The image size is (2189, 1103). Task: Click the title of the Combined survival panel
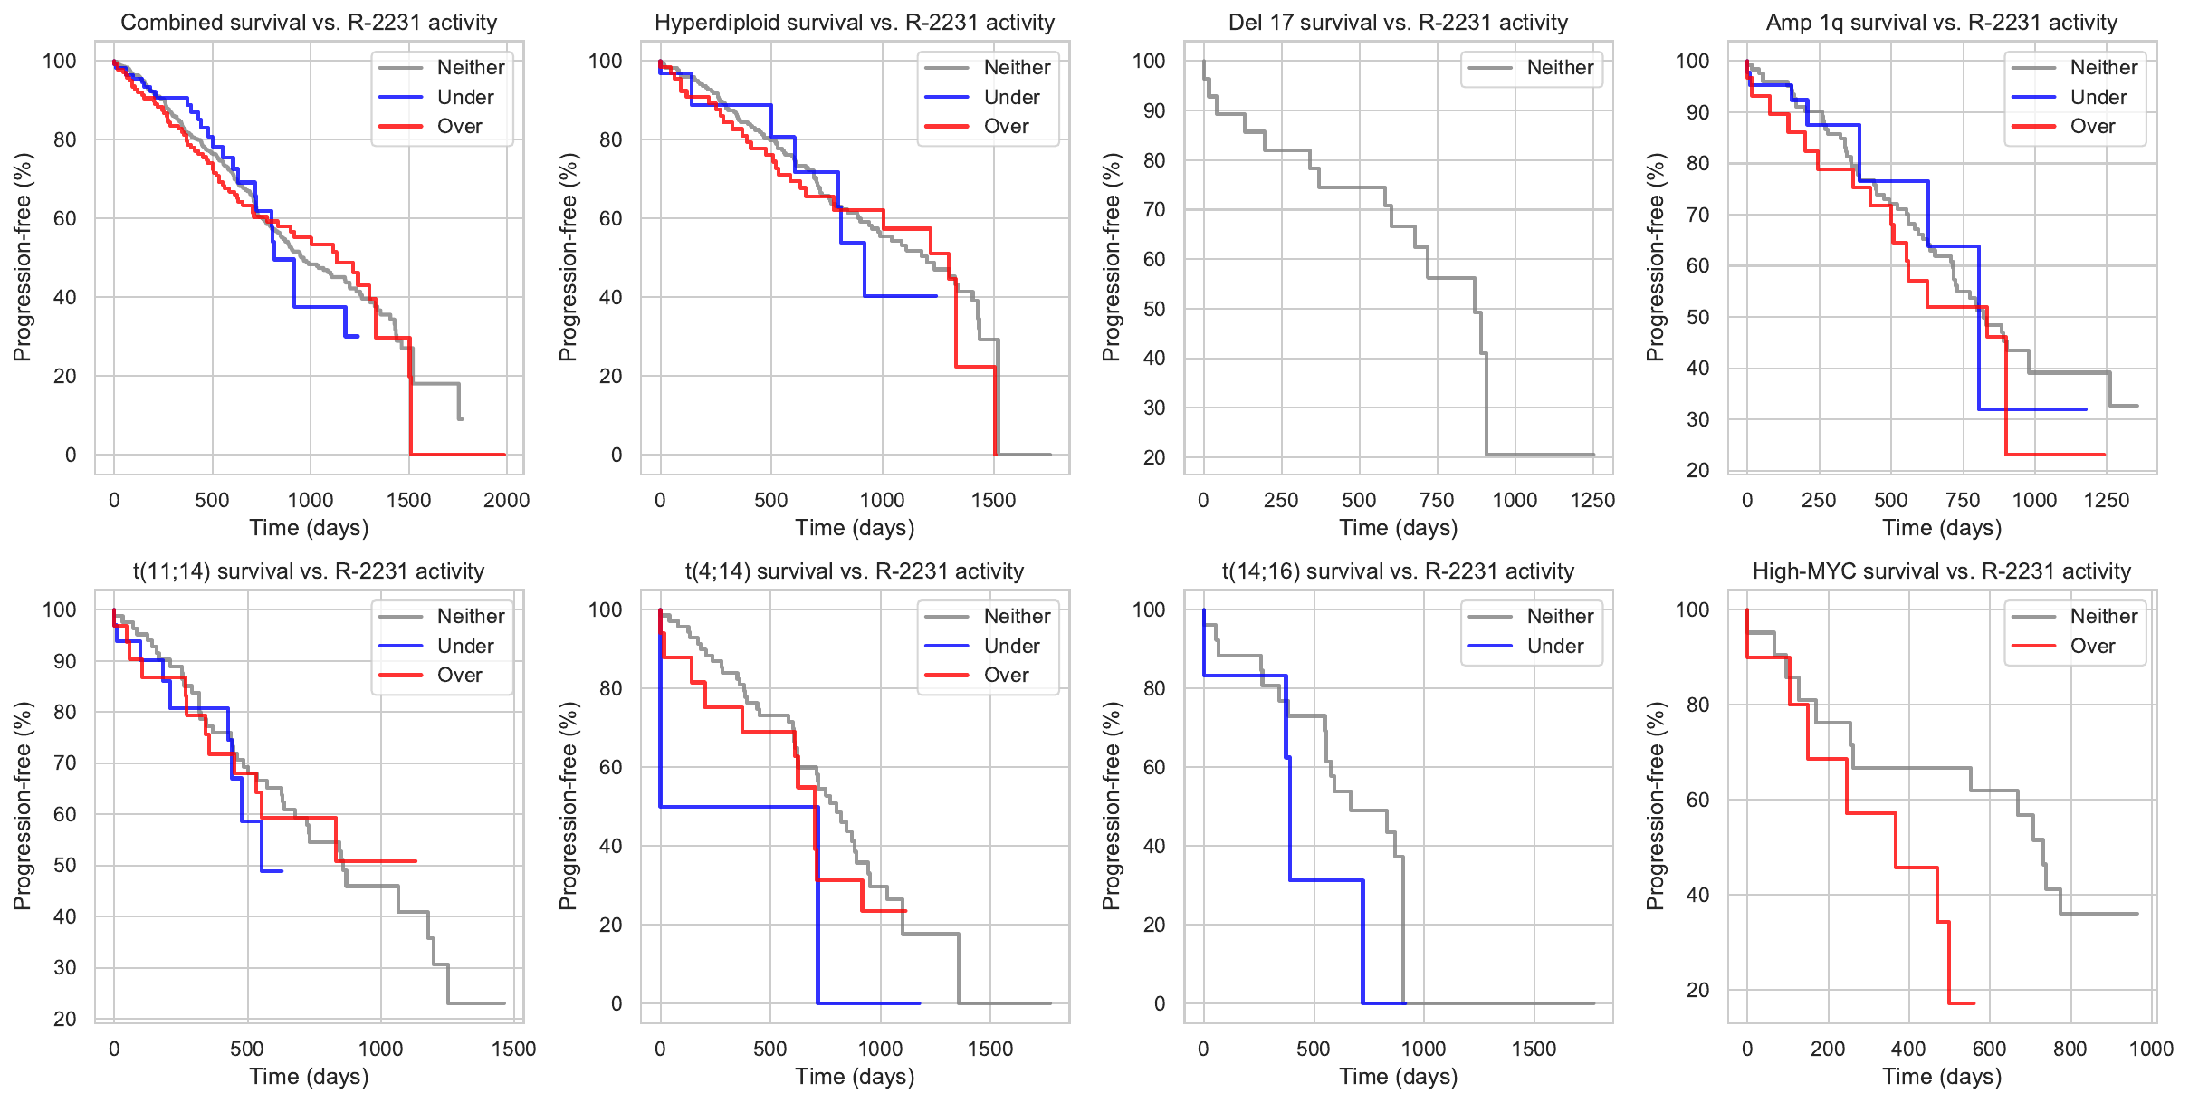(309, 23)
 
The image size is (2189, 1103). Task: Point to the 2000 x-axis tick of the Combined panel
(506, 500)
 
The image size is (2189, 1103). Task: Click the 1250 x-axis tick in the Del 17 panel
(1592, 500)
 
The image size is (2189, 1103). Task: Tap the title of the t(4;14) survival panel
(855, 571)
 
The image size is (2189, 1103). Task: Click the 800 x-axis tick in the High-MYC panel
(2070, 1049)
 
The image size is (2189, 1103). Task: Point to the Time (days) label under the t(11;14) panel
(309, 1077)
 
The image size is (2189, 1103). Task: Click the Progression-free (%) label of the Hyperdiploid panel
(568, 257)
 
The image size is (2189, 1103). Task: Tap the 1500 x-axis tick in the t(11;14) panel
(513, 1049)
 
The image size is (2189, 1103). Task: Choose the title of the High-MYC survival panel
(1942, 571)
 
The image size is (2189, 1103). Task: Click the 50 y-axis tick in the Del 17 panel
(1153, 309)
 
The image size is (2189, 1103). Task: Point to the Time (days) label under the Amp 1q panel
(1942, 528)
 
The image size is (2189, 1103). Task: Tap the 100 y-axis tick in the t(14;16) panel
(1148, 609)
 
